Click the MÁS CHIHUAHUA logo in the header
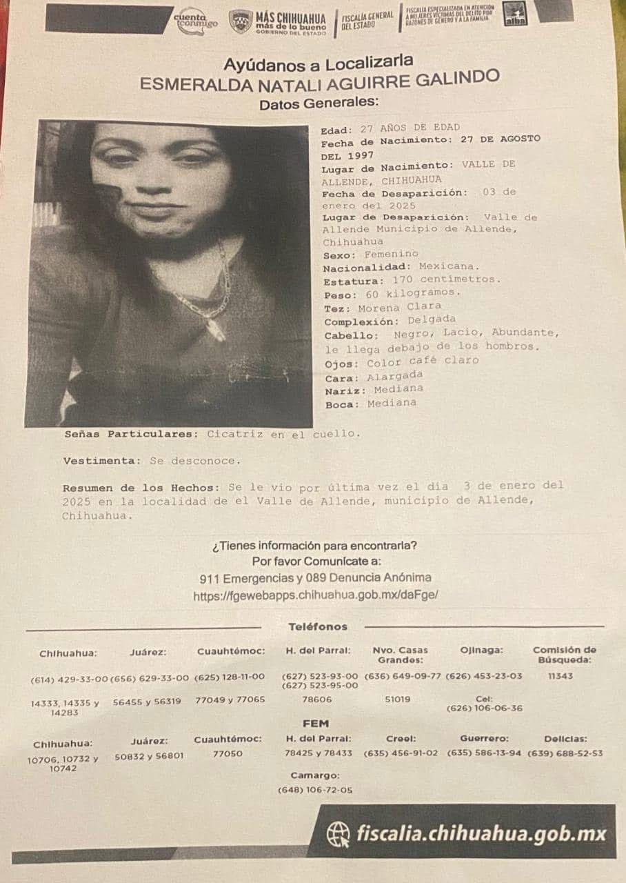[276, 21]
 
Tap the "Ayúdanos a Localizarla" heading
[318, 63]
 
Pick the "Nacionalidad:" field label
[364, 266]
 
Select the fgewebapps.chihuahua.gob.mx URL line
[315, 595]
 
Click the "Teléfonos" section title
[317, 626]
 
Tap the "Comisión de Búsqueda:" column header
[564, 654]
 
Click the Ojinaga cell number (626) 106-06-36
[484, 708]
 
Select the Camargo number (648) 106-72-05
[314, 789]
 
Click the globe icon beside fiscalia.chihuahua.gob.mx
[338, 833]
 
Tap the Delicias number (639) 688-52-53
[565, 753]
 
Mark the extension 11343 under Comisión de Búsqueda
[561, 676]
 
